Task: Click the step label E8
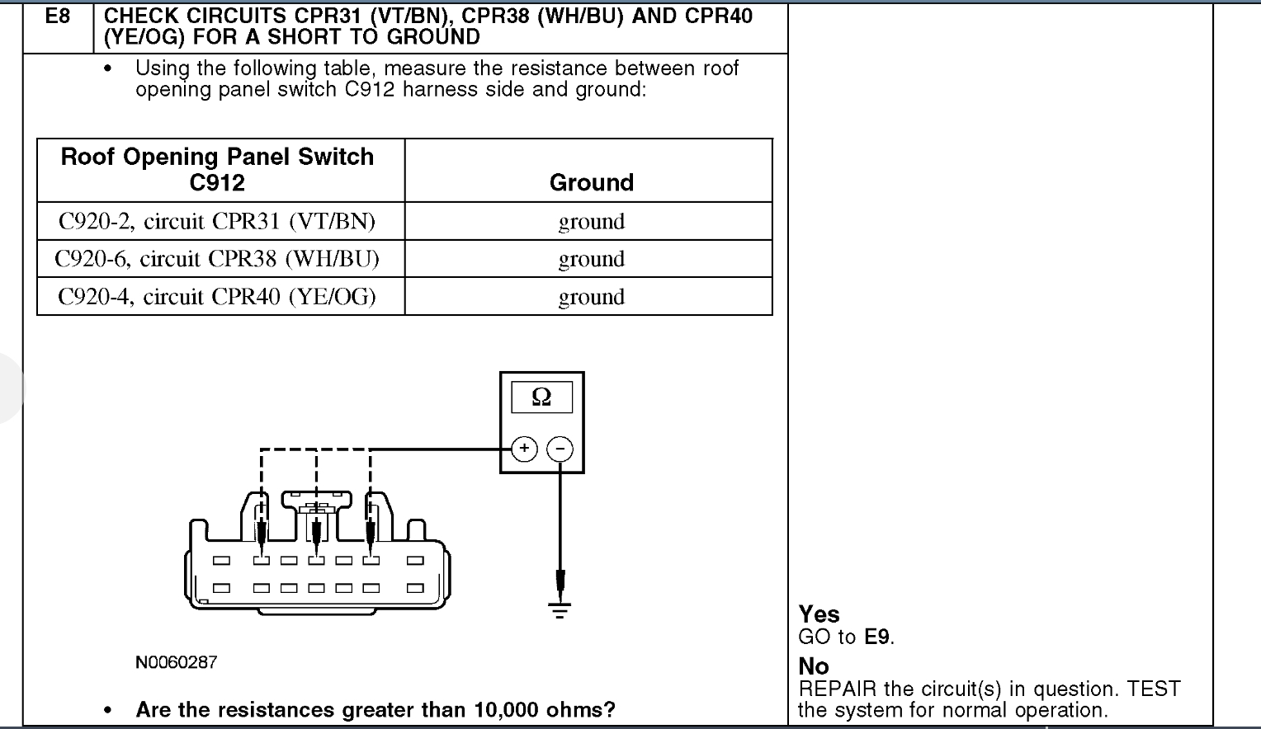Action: tap(57, 16)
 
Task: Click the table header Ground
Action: tap(591, 182)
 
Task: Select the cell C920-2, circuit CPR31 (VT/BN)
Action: tap(216, 221)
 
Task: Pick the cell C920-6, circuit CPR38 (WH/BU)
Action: tap(216, 259)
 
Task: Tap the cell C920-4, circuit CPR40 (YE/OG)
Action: tap(216, 297)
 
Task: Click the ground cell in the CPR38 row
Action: tap(591, 259)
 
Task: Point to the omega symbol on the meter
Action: tap(541, 397)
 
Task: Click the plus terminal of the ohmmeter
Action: tap(524, 449)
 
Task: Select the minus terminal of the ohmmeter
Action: tap(560, 449)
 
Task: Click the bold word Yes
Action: tap(819, 614)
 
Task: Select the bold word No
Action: tap(814, 666)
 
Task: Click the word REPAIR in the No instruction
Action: tap(838, 689)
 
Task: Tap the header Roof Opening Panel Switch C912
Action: tap(217, 169)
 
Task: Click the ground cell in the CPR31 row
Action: tap(591, 221)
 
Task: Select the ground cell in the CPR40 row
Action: tap(591, 297)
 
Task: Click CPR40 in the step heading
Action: tap(716, 16)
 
